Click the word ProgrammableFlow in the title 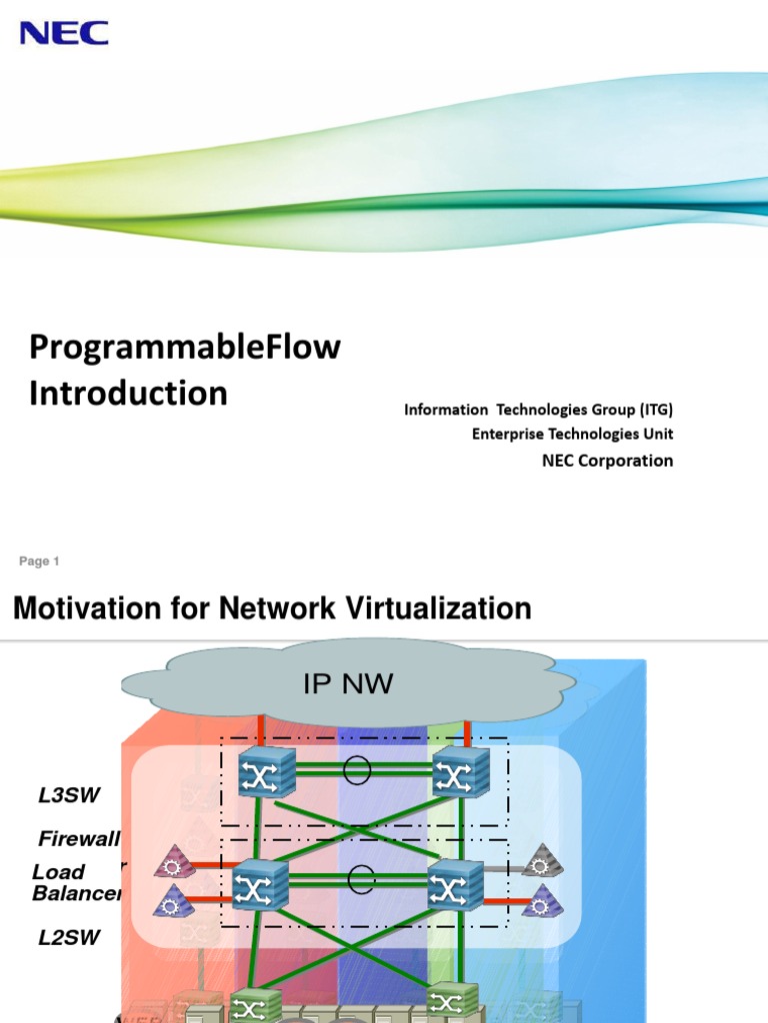185,348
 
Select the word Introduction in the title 128,393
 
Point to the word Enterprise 509,434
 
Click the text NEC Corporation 607,461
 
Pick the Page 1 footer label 39,561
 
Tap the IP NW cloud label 348,684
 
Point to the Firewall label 79,838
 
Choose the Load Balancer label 76,882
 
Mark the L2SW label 69,938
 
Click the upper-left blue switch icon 266,772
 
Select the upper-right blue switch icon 461,772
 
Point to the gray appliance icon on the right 543,859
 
